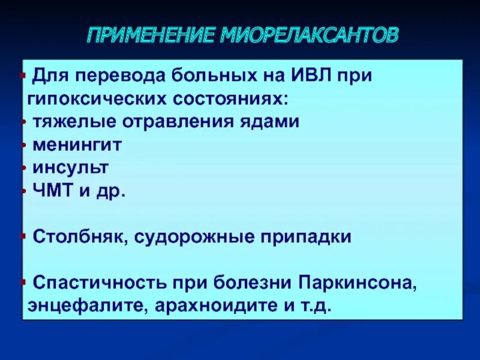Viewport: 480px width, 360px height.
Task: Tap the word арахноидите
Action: click(207, 305)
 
